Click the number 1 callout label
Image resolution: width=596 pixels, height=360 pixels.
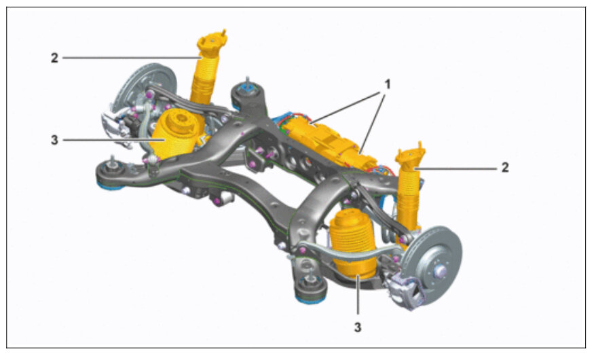coord(388,84)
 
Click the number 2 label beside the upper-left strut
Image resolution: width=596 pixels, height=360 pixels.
coord(55,58)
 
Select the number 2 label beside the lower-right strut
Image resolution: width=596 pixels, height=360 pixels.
coord(505,167)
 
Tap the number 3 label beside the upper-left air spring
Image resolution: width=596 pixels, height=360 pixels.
coord(55,140)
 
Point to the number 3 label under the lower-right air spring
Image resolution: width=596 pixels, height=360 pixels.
coord(358,327)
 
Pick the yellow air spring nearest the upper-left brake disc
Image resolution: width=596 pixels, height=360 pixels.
coord(175,133)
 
